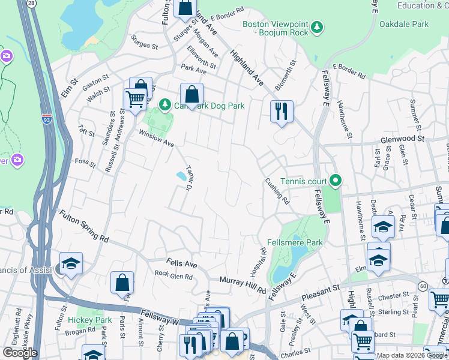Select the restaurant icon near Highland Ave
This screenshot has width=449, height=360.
tap(281, 112)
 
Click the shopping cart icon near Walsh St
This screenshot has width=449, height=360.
tap(136, 100)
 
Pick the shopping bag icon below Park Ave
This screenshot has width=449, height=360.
tap(191, 94)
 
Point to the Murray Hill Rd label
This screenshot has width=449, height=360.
tap(243, 285)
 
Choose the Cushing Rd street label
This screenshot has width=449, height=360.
tap(277, 191)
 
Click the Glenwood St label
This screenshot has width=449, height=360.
tap(402, 139)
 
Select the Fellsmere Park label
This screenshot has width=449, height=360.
tap(295, 242)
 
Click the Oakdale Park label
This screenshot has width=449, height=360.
tap(404, 24)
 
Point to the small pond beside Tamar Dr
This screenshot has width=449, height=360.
tap(180, 176)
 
